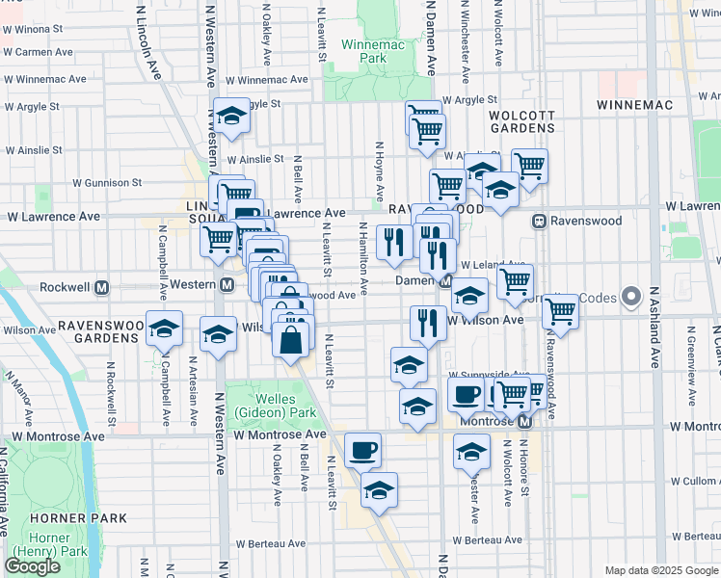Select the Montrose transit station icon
click(x=524, y=422)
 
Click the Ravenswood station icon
click(x=540, y=222)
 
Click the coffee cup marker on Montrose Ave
click(x=362, y=450)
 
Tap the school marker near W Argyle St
click(x=231, y=117)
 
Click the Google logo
click(x=32, y=566)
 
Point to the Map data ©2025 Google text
click(x=658, y=570)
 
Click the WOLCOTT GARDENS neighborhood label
click(x=521, y=120)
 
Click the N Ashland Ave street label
click(x=654, y=328)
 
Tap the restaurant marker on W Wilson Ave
click(x=426, y=322)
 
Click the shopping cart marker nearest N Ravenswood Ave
click(x=560, y=310)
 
